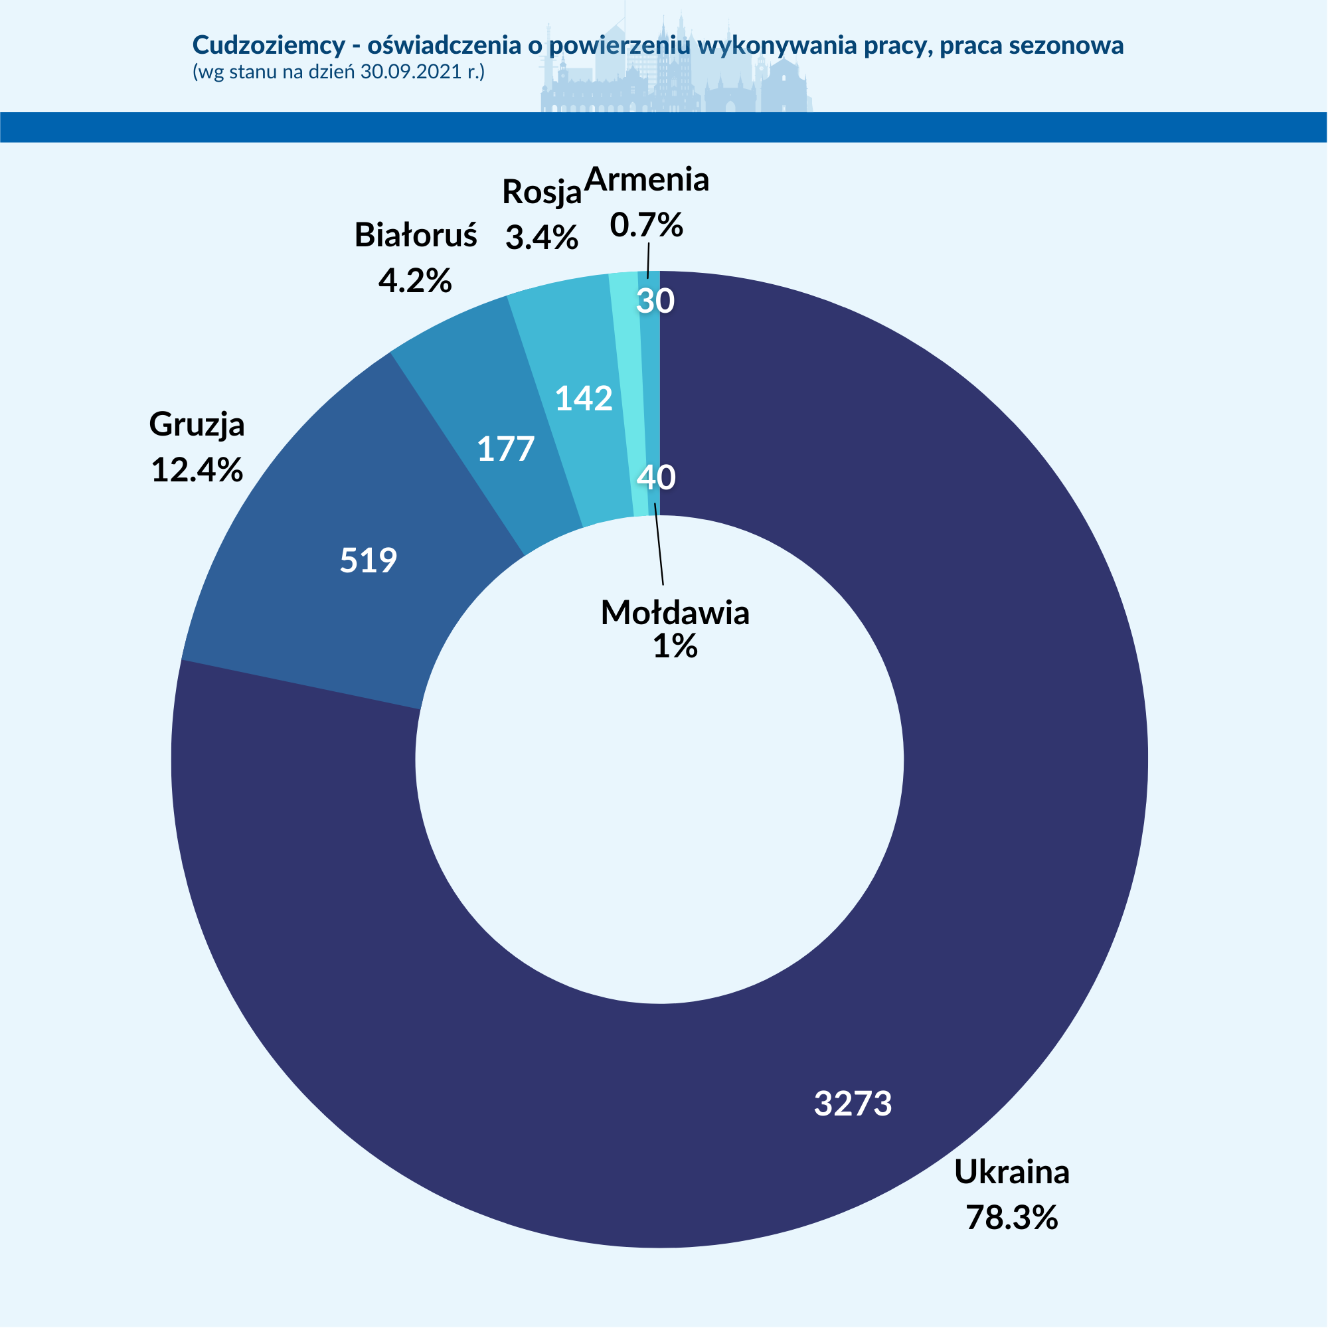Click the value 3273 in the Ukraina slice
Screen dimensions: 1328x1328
coord(853,1103)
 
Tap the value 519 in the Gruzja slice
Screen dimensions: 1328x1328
coord(369,560)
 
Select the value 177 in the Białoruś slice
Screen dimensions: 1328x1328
coord(506,450)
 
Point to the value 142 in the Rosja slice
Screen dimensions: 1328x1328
coord(584,398)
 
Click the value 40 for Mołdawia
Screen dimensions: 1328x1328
coord(657,477)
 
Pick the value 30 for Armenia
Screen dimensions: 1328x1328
coord(655,301)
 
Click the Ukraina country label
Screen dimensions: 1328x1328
coord(1012,1171)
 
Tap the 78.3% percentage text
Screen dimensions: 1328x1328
coord(1012,1216)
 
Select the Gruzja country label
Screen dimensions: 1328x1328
coord(197,424)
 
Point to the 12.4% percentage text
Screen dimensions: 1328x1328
coord(197,470)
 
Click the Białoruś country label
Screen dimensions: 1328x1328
coord(415,235)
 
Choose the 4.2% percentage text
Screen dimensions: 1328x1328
coord(415,280)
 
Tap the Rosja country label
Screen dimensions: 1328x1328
coord(542,192)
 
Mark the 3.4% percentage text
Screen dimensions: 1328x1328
coord(542,238)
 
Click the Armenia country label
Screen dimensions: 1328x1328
coord(647,179)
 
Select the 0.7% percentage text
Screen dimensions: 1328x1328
coord(647,225)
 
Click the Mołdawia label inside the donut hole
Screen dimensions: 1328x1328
coord(675,612)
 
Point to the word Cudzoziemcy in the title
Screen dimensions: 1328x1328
coord(269,45)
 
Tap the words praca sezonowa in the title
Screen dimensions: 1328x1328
coord(1032,45)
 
